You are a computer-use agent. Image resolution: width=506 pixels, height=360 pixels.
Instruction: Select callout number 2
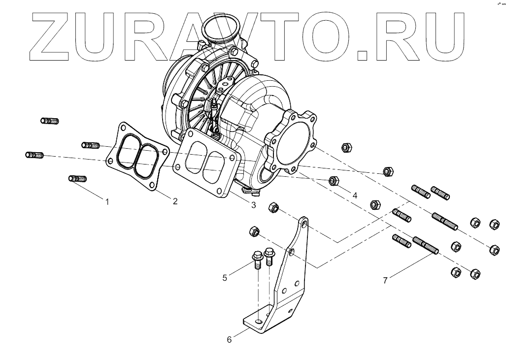[x=174, y=200]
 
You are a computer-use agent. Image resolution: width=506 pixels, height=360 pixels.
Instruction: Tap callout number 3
[x=253, y=205]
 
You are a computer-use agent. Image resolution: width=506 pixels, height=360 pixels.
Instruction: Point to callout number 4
[x=354, y=195]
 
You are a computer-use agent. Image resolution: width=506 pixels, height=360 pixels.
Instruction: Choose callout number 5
[x=225, y=278]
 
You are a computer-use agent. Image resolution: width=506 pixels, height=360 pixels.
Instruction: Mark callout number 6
[x=229, y=339]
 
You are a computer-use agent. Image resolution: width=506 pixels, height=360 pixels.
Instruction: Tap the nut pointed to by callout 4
[x=333, y=181]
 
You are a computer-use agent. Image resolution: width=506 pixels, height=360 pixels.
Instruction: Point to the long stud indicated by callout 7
[x=426, y=245]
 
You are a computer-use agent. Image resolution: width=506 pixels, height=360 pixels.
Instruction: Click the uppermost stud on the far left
[x=49, y=121]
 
